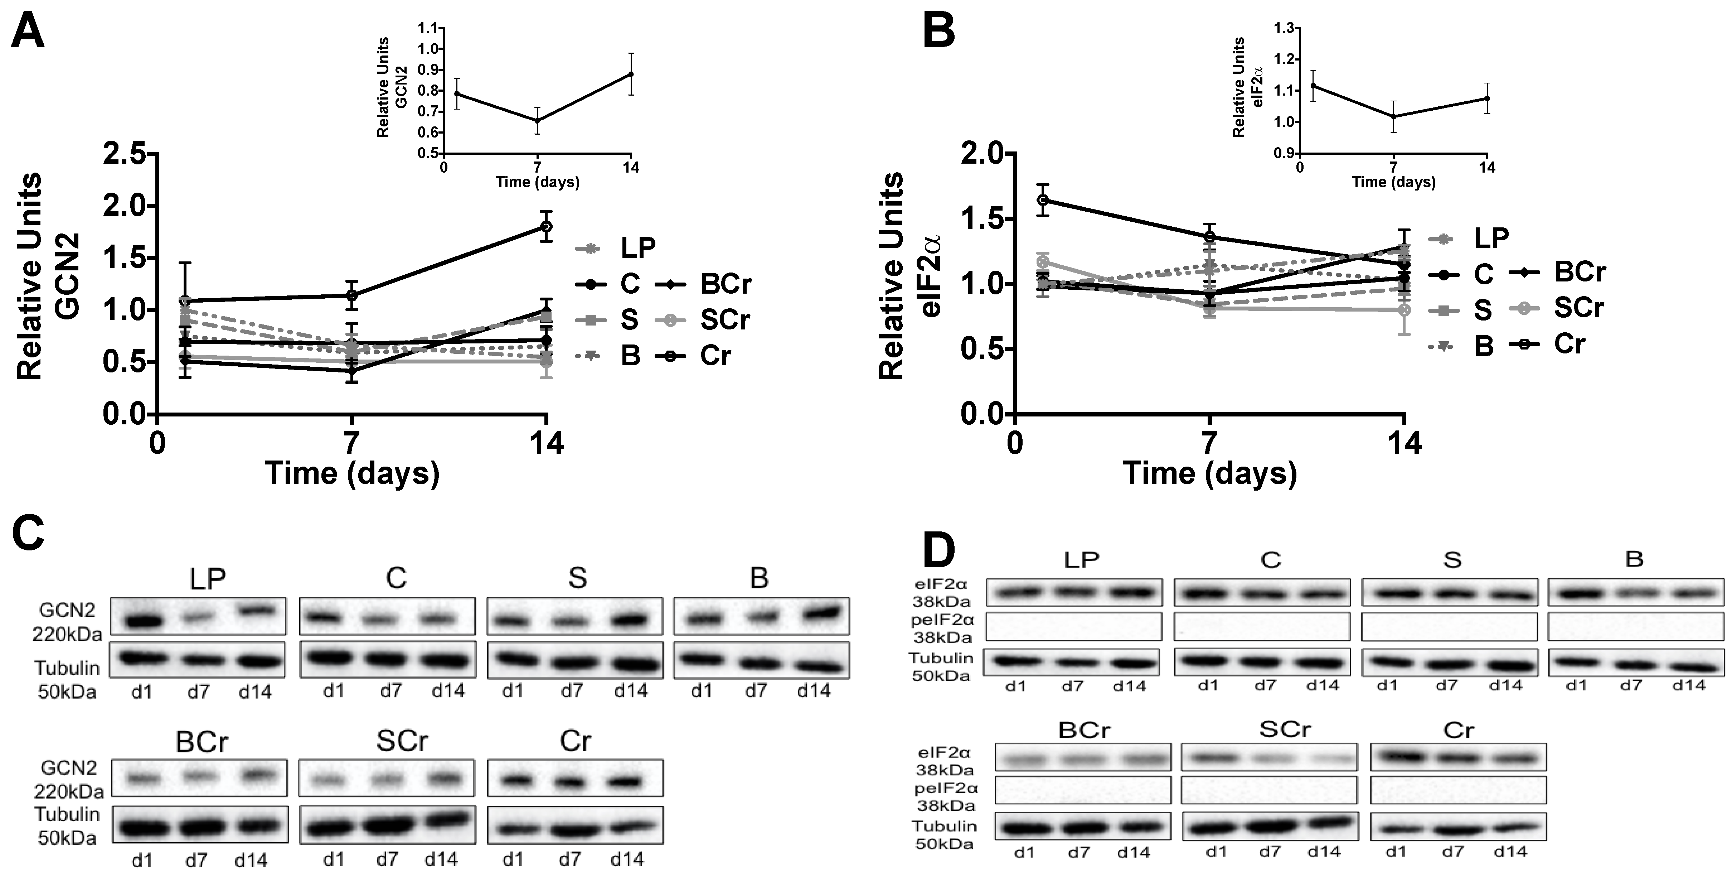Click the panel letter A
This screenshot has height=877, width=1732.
click(28, 32)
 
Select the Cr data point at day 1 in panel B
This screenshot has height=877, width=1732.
click(1042, 200)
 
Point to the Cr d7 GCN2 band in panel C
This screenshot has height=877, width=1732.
click(570, 783)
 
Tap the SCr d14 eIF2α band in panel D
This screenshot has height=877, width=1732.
click(1326, 758)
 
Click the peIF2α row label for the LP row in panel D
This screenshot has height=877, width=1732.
click(941, 627)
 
